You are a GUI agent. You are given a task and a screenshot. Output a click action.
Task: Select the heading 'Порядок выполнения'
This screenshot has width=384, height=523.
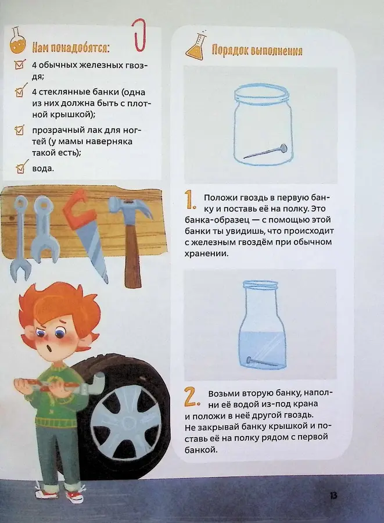[x=257, y=51]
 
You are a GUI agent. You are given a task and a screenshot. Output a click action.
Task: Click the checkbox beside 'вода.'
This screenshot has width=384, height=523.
[x=22, y=169]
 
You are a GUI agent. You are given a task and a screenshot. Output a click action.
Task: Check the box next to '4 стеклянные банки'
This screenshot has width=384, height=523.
[x=22, y=92]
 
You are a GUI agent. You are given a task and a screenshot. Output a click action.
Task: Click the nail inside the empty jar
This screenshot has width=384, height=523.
[x=264, y=151]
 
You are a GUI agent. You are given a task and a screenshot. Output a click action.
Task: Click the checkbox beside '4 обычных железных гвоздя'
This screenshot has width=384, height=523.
[x=22, y=66]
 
